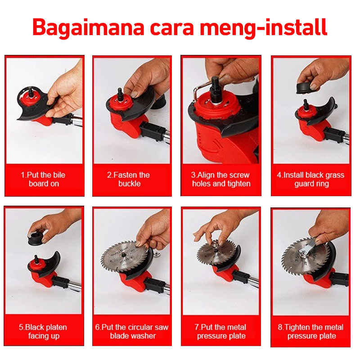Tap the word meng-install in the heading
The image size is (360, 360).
pos(264,28)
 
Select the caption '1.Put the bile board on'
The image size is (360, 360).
pos(43,179)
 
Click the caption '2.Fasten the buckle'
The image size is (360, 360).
pos(129,179)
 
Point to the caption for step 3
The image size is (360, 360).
pos(220,179)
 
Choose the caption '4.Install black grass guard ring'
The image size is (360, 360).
pos(311,179)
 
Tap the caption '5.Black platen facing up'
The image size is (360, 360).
pos(43,331)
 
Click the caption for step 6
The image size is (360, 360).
pos(132,331)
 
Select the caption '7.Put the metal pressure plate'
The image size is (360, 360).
pos(220,331)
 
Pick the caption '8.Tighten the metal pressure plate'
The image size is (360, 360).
pos(311,331)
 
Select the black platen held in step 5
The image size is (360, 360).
pos(37,239)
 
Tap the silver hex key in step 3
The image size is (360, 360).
pos(197,91)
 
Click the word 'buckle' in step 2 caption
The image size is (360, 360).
pos(130,184)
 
